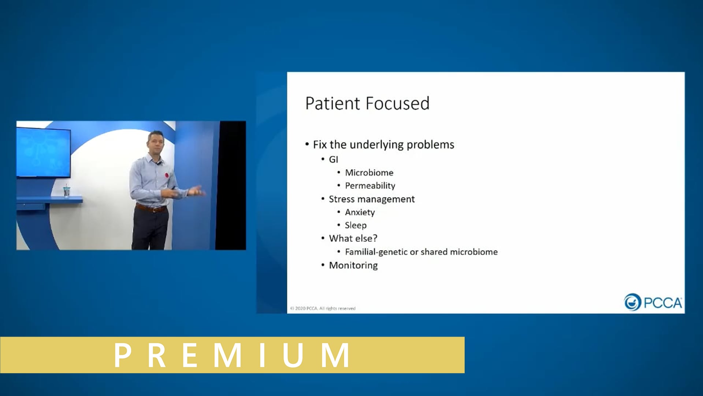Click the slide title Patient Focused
click(x=367, y=103)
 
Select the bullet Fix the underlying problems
click(x=383, y=144)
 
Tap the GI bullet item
click(x=333, y=159)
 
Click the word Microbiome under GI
click(x=369, y=173)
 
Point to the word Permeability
click(x=370, y=186)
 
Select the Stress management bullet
click(x=371, y=199)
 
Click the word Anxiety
click(x=360, y=212)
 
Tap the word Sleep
click(x=355, y=225)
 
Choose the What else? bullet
click(x=353, y=238)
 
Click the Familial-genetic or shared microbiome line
click(x=421, y=252)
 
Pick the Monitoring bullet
click(x=353, y=265)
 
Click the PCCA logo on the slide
click(x=653, y=302)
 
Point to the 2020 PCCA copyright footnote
click(x=323, y=308)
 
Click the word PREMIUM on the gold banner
click(x=232, y=355)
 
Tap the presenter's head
click(x=156, y=142)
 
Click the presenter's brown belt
click(x=150, y=208)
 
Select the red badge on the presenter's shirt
click(x=167, y=175)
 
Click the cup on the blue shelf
click(x=67, y=191)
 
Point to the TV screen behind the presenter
click(x=43, y=152)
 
